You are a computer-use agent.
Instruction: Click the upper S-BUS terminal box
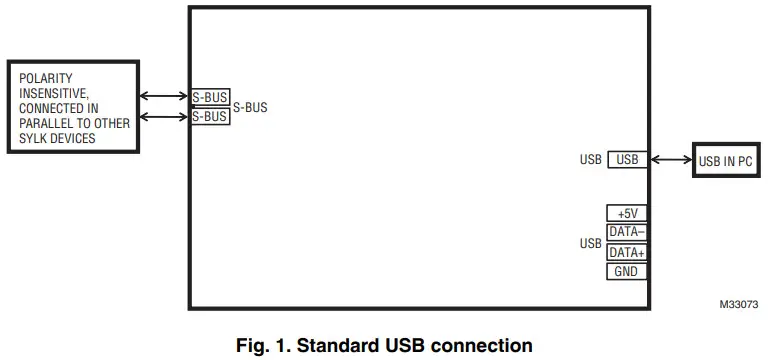[x=210, y=97]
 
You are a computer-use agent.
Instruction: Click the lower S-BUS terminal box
[x=210, y=116]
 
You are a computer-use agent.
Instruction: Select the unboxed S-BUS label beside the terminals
[x=250, y=107]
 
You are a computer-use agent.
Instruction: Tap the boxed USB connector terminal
[x=627, y=159]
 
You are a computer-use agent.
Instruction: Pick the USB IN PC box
[x=725, y=161]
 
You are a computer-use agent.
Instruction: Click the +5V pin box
[x=627, y=213]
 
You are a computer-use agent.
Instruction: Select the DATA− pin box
[x=627, y=232]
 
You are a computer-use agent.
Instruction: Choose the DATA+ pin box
[x=627, y=252]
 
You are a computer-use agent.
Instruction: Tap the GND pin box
[x=627, y=271]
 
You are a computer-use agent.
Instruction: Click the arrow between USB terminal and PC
[x=670, y=159]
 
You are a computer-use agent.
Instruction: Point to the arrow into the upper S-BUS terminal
[x=164, y=97]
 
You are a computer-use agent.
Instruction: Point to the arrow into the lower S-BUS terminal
[x=164, y=116]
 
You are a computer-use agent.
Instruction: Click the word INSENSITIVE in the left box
[x=51, y=93]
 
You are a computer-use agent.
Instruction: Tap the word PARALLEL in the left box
[x=43, y=123]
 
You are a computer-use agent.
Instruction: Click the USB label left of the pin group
[x=590, y=243]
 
